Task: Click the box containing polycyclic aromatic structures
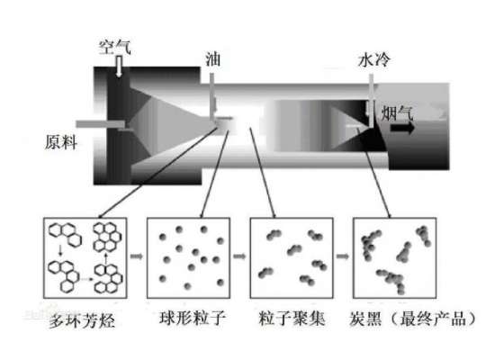click(83, 260)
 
